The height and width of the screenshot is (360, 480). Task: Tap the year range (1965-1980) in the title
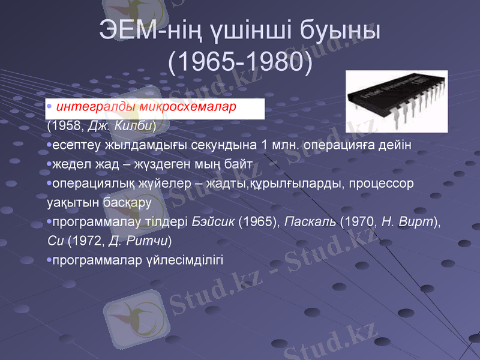point(240,62)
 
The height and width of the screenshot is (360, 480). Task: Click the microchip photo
point(396,101)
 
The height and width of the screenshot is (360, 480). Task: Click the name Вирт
point(416,221)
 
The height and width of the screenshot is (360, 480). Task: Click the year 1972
point(85,241)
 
